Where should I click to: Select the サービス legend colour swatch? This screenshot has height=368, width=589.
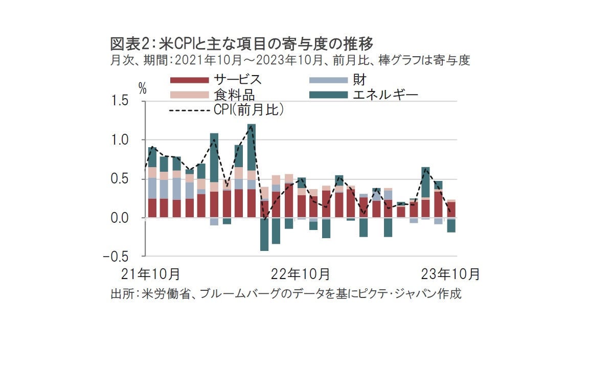[x=189, y=80]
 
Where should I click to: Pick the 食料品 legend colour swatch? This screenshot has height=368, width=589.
[x=189, y=95]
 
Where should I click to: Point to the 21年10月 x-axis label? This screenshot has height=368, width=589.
[x=156, y=274]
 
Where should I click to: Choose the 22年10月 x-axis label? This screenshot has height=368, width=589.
[x=300, y=274]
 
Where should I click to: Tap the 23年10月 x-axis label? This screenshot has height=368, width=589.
[x=450, y=274]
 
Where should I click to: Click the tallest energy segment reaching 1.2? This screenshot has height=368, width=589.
[x=252, y=148]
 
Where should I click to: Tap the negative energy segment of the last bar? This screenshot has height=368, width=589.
[x=451, y=225]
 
